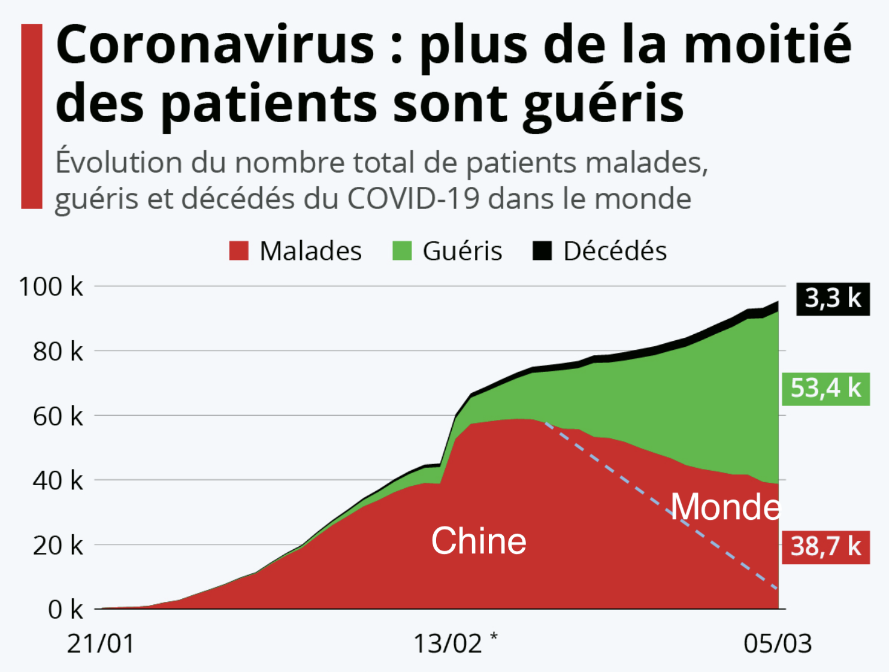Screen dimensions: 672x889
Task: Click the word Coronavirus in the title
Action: tap(215, 46)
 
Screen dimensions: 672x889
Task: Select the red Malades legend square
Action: tap(238, 251)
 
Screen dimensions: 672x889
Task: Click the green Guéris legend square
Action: tap(402, 251)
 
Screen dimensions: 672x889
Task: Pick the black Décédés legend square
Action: tap(542, 251)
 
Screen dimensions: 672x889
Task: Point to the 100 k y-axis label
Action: tap(51, 287)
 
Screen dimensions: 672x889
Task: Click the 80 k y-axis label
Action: tap(58, 352)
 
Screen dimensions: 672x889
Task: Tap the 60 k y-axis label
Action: tap(58, 416)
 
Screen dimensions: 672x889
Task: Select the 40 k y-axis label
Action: tap(58, 480)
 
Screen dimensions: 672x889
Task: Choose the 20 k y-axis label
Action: tap(58, 546)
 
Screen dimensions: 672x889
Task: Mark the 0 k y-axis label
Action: tap(65, 610)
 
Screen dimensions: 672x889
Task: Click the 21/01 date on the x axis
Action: tap(101, 644)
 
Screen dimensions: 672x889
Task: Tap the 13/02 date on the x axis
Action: tap(447, 644)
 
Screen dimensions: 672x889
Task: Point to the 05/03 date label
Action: tap(778, 644)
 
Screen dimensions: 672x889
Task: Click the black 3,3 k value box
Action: tap(833, 298)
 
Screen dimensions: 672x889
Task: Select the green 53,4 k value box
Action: tap(825, 389)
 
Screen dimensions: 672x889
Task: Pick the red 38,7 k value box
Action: tap(825, 547)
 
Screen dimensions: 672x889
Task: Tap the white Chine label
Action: tap(479, 541)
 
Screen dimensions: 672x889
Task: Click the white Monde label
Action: tap(725, 507)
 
